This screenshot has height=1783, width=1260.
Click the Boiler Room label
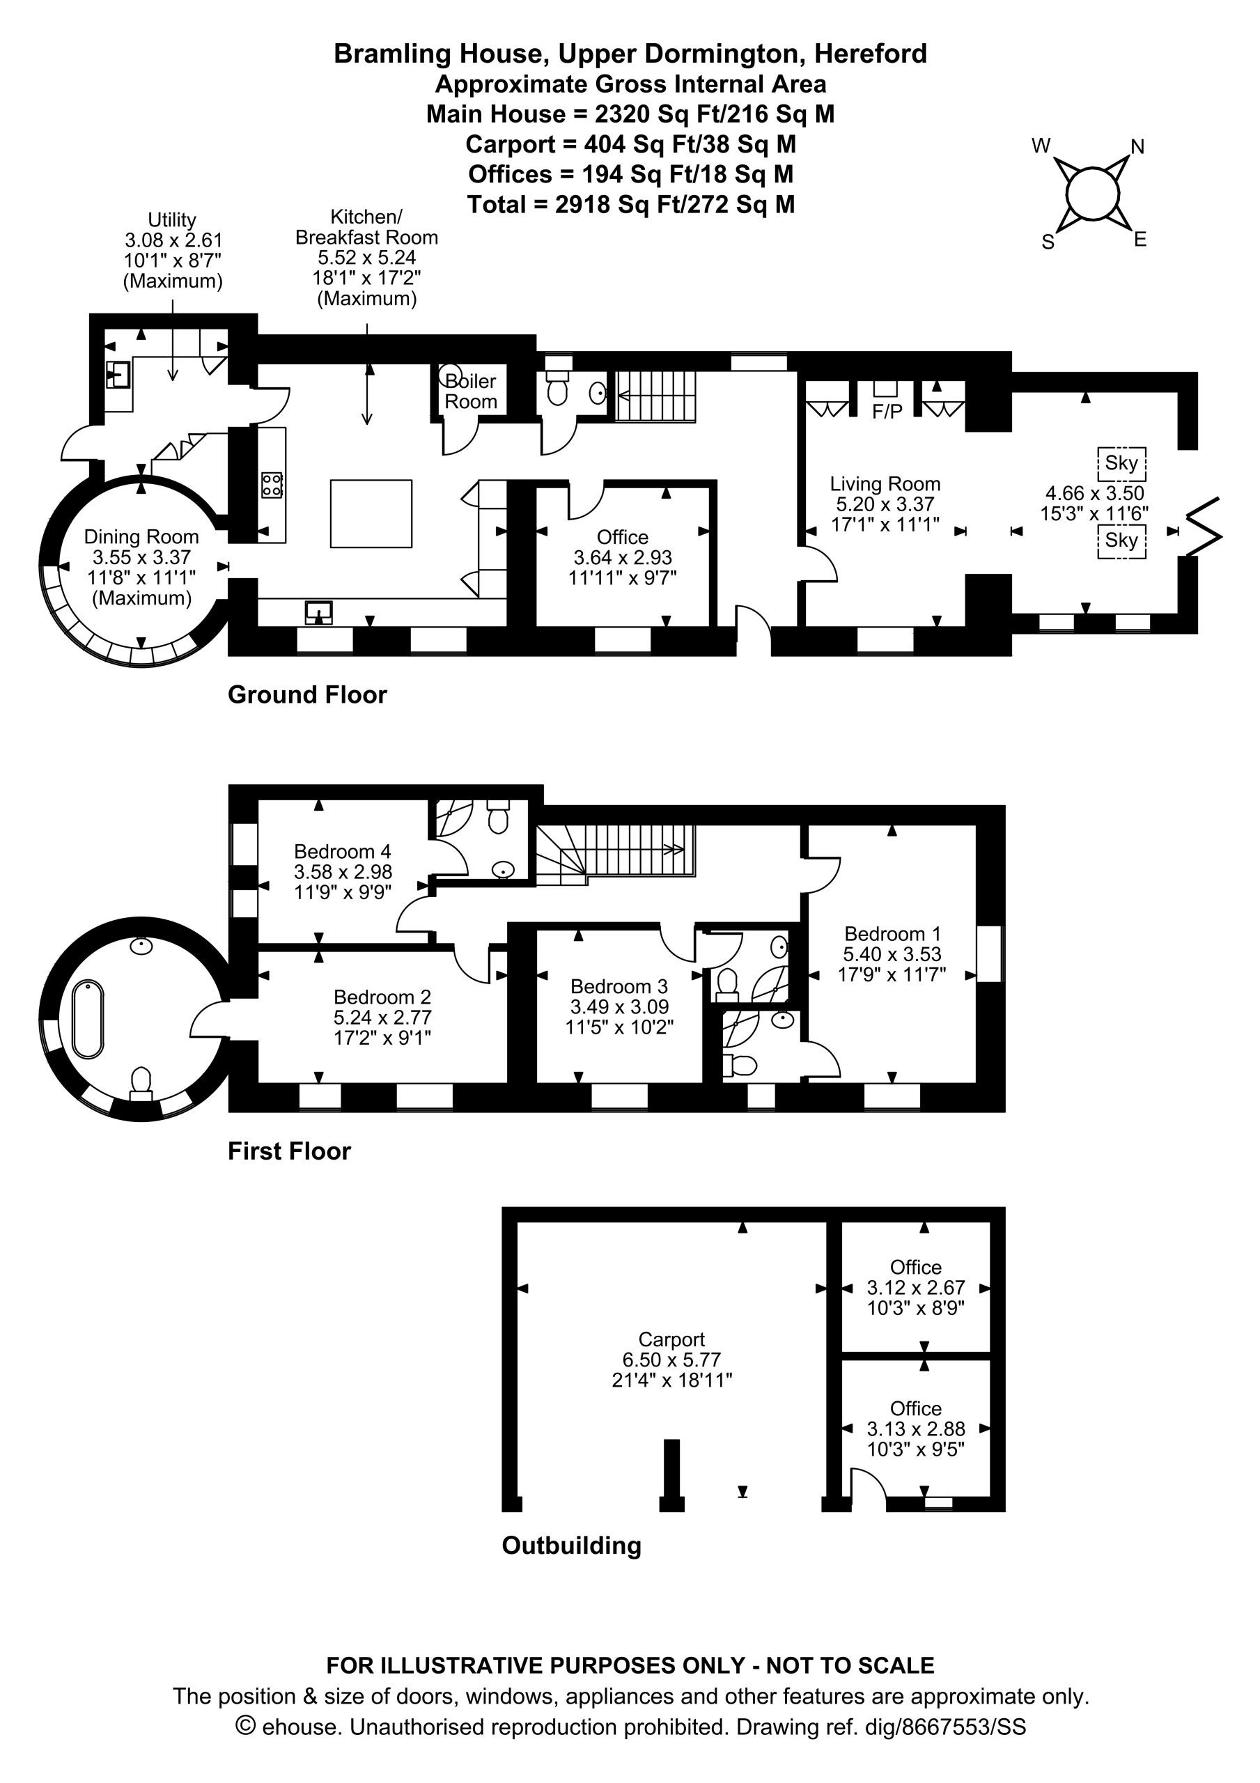pos(471,391)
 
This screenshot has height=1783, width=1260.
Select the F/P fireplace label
pos(887,412)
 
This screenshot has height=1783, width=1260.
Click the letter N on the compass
pos(1137,147)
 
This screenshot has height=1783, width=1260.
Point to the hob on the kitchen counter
pos(272,485)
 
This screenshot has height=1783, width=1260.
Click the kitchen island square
pos(371,514)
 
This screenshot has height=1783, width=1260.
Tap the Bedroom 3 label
pos(619,986)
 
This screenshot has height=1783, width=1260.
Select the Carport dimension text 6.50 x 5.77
pos(672,1360)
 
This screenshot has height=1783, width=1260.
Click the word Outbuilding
pos(572,1545)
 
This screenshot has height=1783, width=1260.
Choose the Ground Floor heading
pos(307,694)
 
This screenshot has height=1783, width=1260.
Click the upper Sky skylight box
pos(1121,464)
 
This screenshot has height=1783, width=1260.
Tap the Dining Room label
pos(141,536)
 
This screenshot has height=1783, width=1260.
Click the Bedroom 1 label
pos(892,933)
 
